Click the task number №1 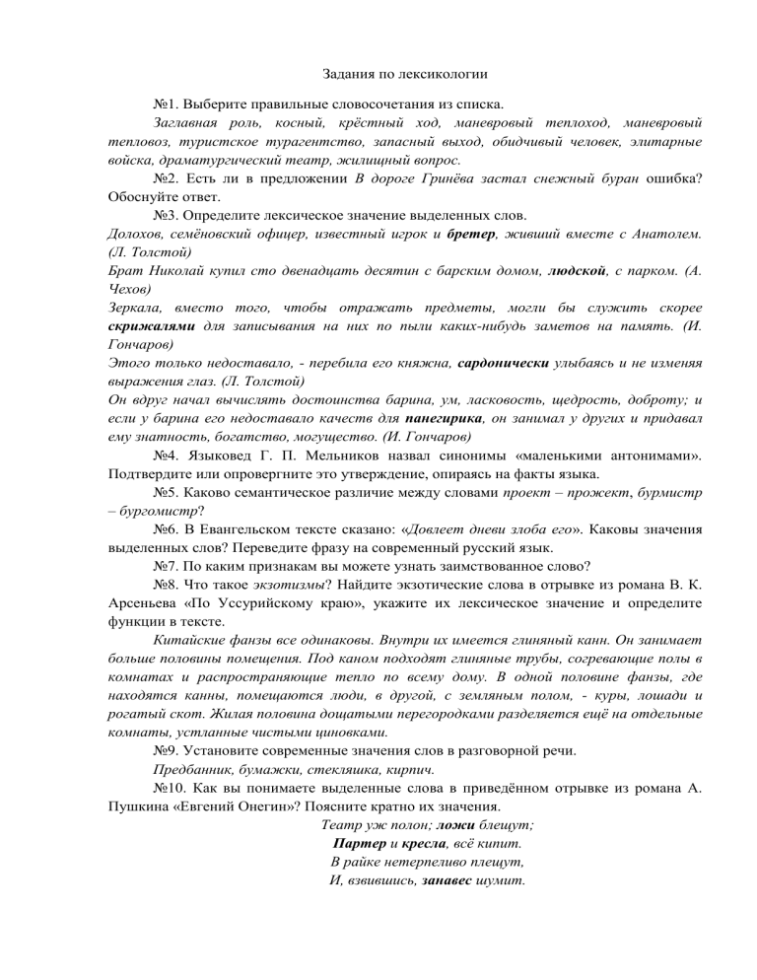click(169, 104)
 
